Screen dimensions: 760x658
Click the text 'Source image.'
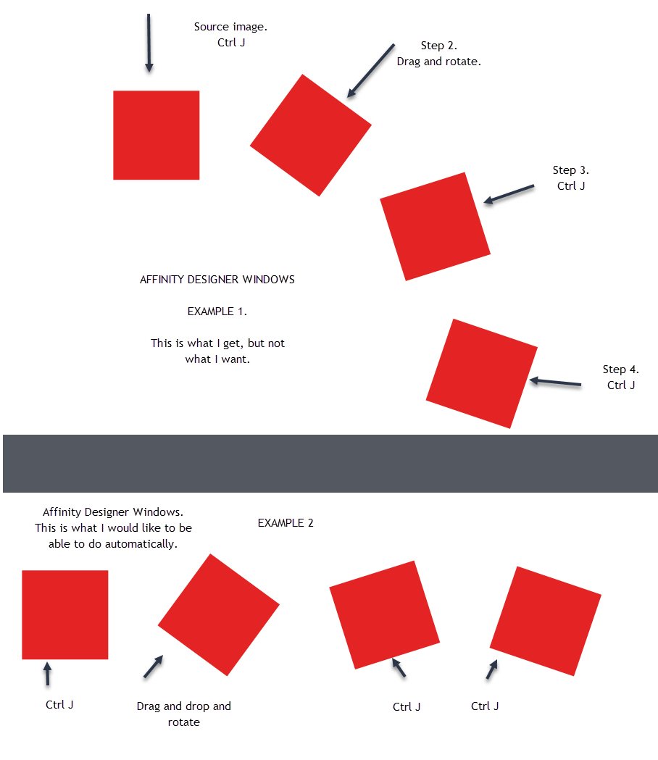[x=231, y=27]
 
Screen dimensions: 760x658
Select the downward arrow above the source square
[x=149, y=43]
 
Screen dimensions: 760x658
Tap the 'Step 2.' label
[x=438, y=46]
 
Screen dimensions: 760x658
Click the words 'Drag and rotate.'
[x=438, y=62]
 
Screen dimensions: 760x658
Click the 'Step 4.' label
[x=620, y=369]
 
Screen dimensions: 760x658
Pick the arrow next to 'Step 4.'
[x=556, y=382]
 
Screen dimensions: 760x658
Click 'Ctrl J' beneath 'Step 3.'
[x=571, y=186]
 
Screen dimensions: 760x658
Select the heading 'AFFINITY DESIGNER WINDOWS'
[x=217, y=280]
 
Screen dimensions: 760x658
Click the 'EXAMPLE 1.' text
[x=217, y=312]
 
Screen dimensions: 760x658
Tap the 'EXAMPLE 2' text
[x=286, y=522]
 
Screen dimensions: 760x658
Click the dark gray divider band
[x=330, y=464]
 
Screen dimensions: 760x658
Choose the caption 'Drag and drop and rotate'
[x=183, y=714]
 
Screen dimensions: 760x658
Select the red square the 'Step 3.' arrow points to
[x=435, y=227]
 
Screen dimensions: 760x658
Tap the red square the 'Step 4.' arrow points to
[x=482, y=373]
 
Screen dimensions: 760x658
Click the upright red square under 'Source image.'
[x=156, y=135]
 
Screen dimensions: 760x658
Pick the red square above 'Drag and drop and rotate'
[x=218, y=614]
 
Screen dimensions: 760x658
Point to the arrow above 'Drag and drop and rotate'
[x=153, y=667]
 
